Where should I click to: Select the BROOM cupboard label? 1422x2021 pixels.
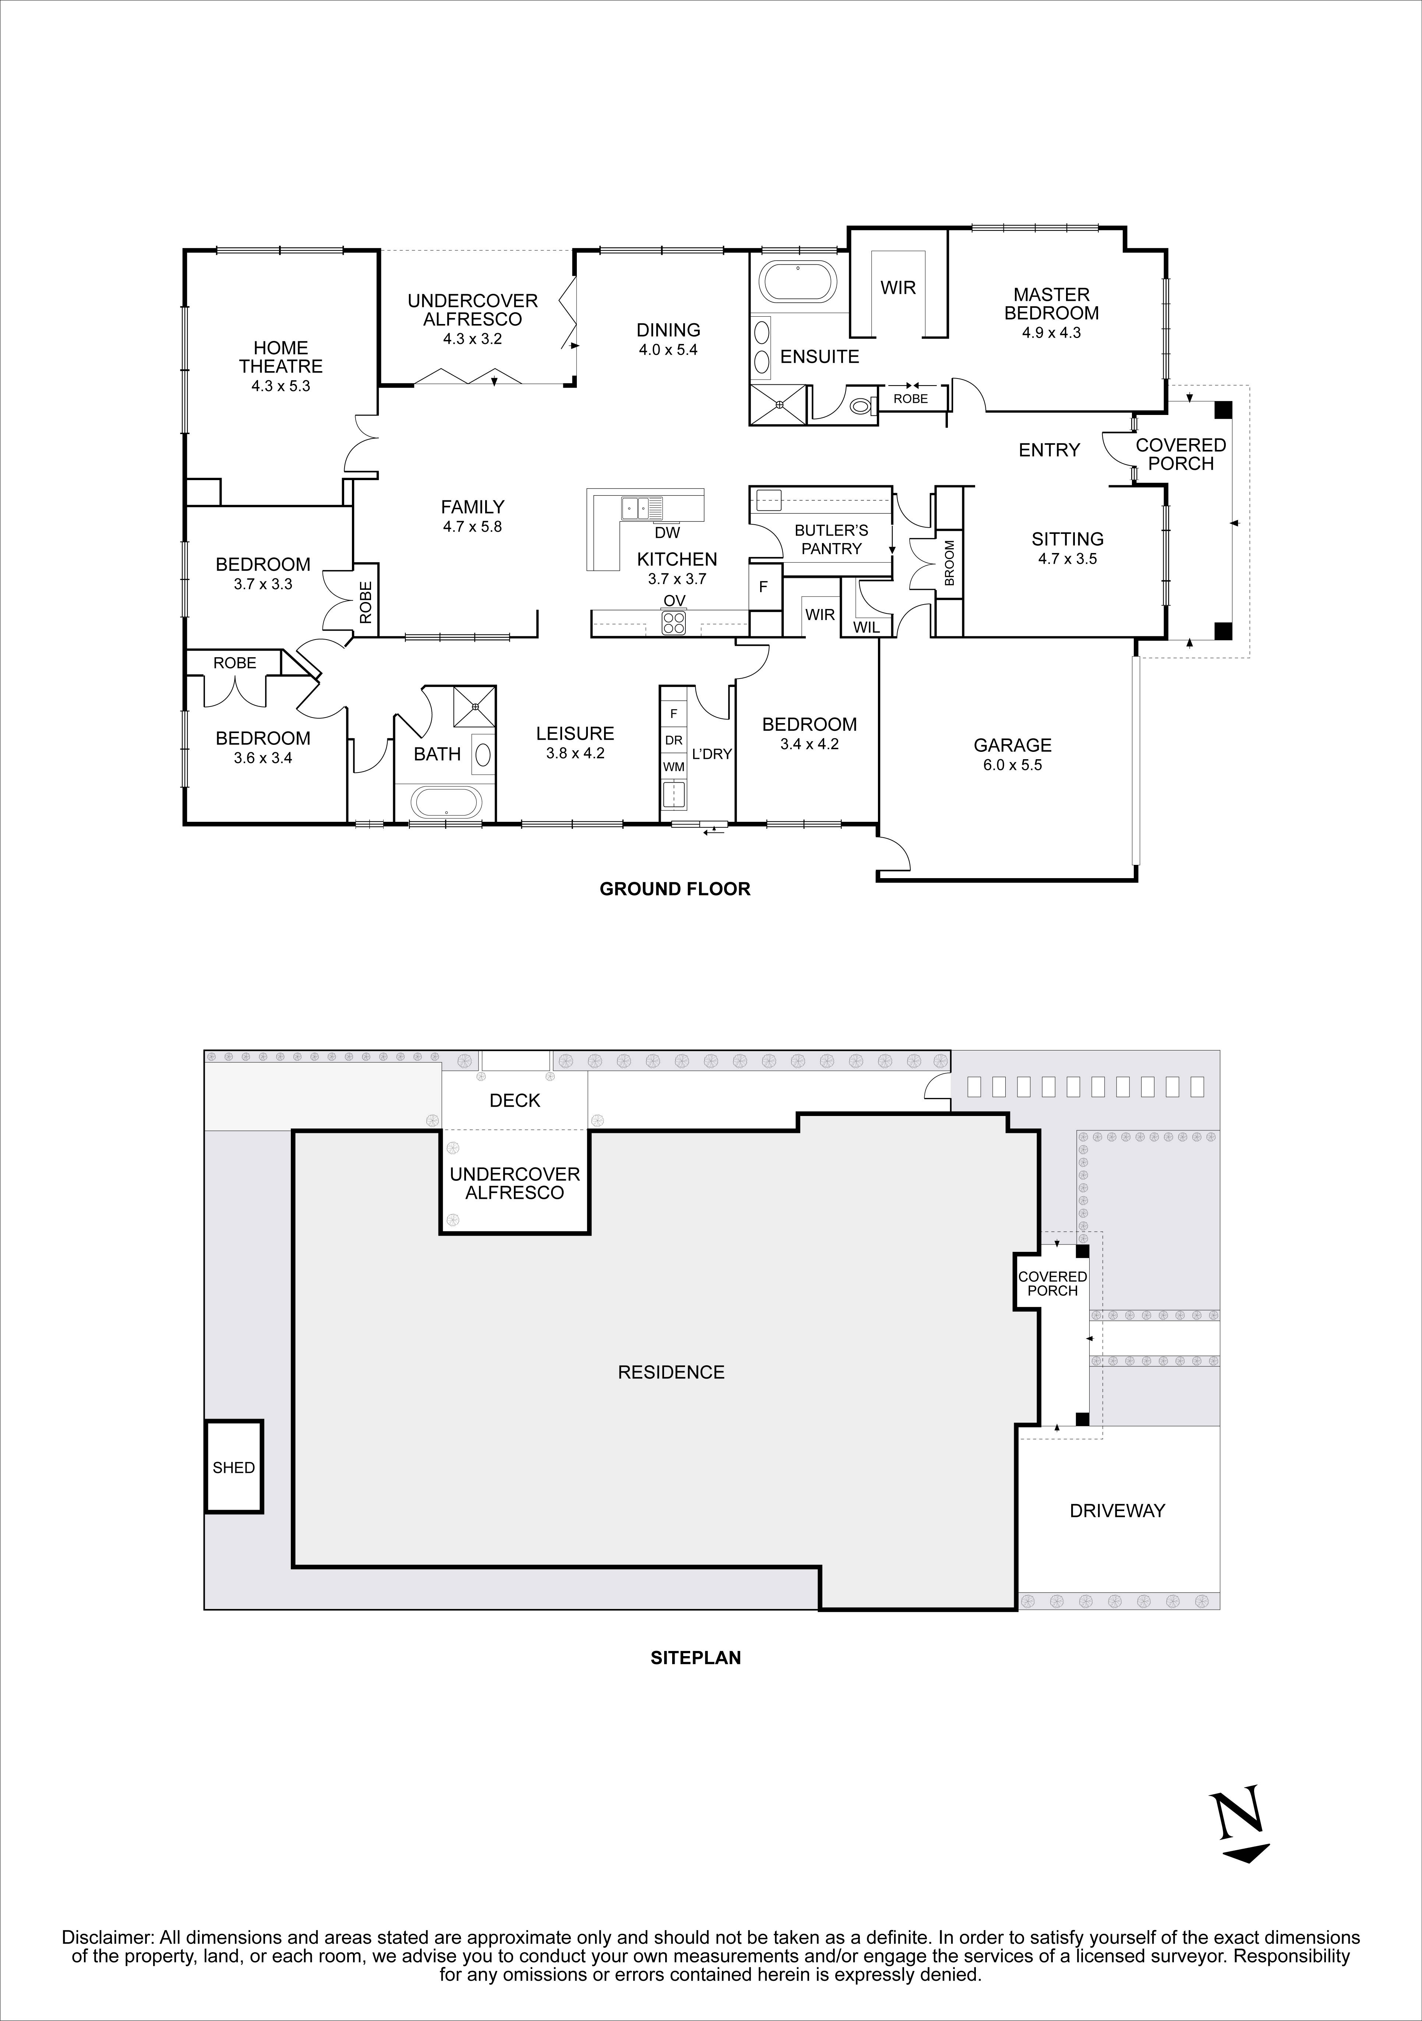(x=949, y=563)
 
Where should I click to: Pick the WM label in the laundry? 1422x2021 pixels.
(x=673, y=767)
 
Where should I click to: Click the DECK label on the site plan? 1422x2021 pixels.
(x=515, y=1100)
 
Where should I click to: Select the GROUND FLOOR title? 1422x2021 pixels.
(x=675, y=889)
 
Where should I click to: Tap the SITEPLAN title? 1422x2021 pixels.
(x=695, y=1658)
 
